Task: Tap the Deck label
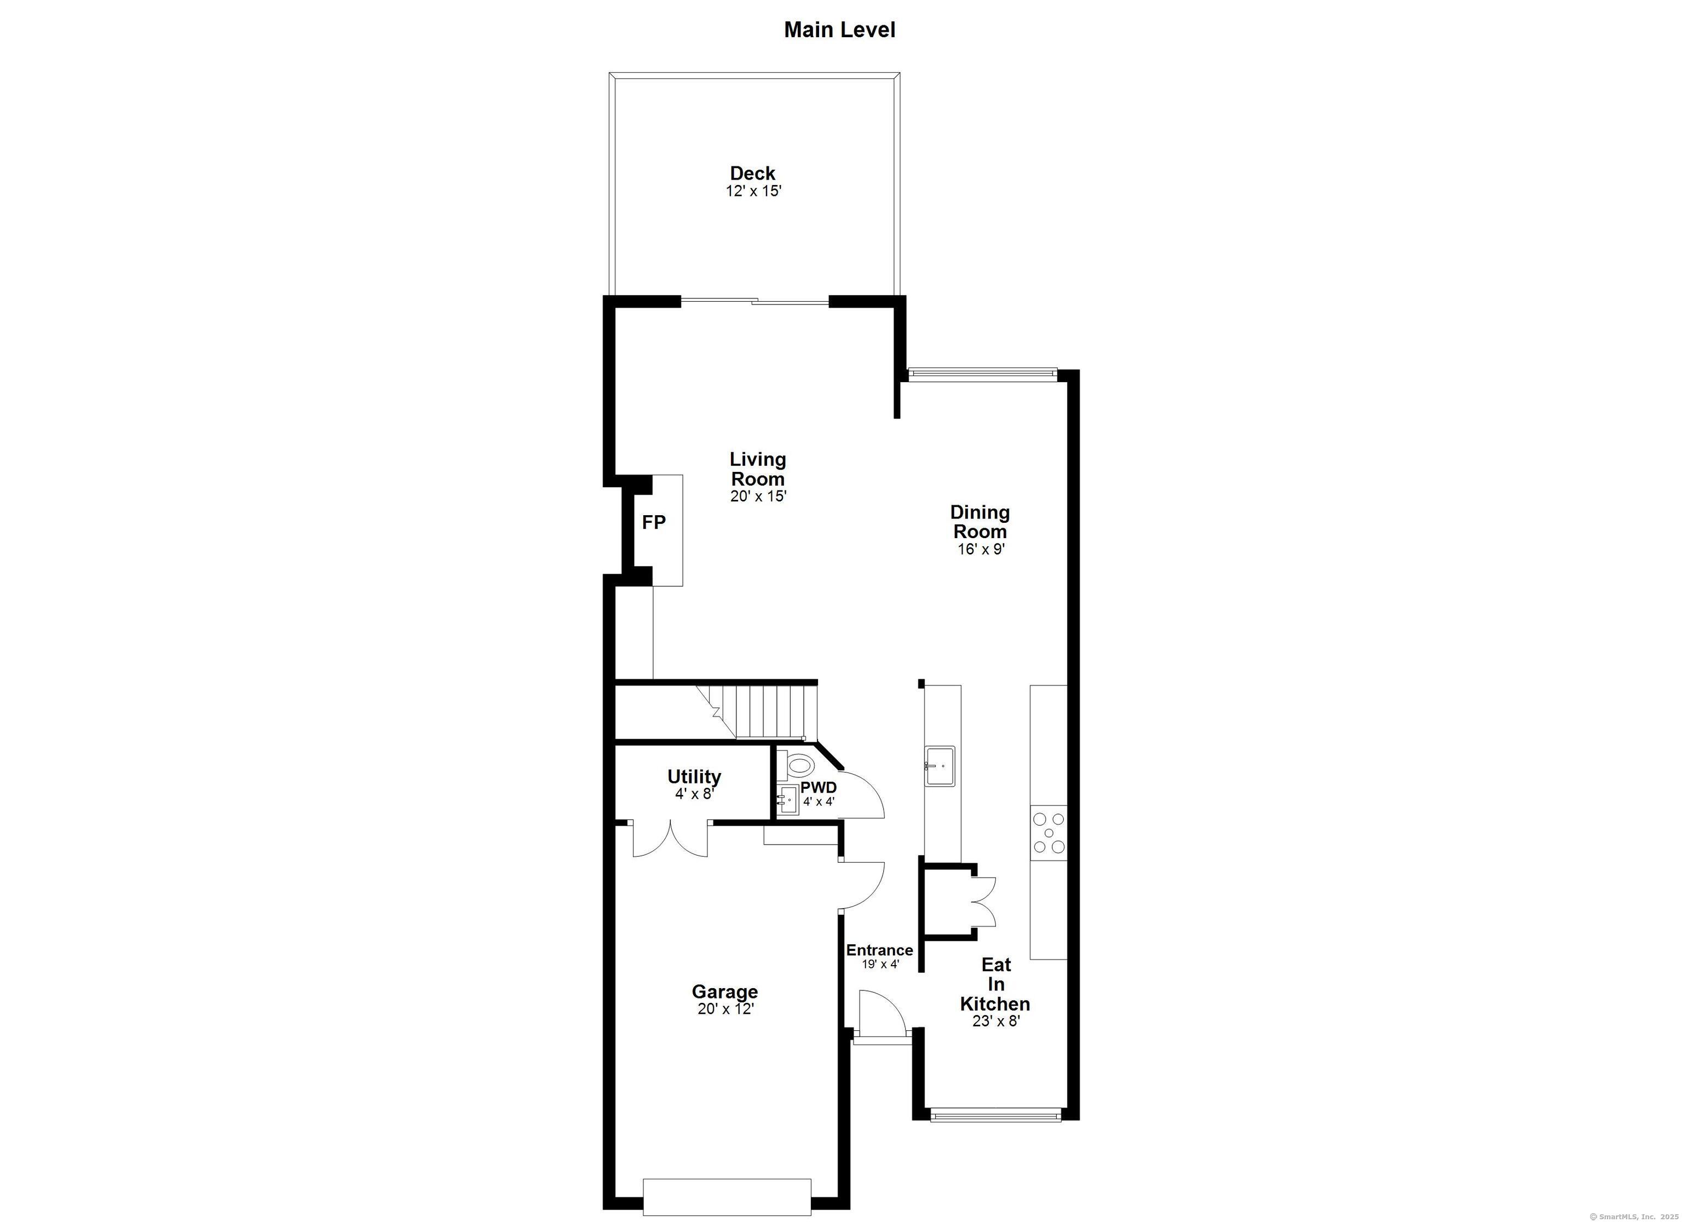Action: click(x=753, y=173)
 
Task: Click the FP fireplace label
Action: click(x=653, y=522)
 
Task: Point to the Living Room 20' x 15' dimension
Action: click(x=758, y=496)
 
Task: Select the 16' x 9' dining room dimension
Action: click(x=981, y=550)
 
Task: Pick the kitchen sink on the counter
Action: click(x=940, y=766)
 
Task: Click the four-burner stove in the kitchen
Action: click(x=1049, y=833)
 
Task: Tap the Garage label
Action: click(x=724, y=991)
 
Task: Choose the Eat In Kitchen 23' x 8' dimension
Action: click(x=996, y=1022)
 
